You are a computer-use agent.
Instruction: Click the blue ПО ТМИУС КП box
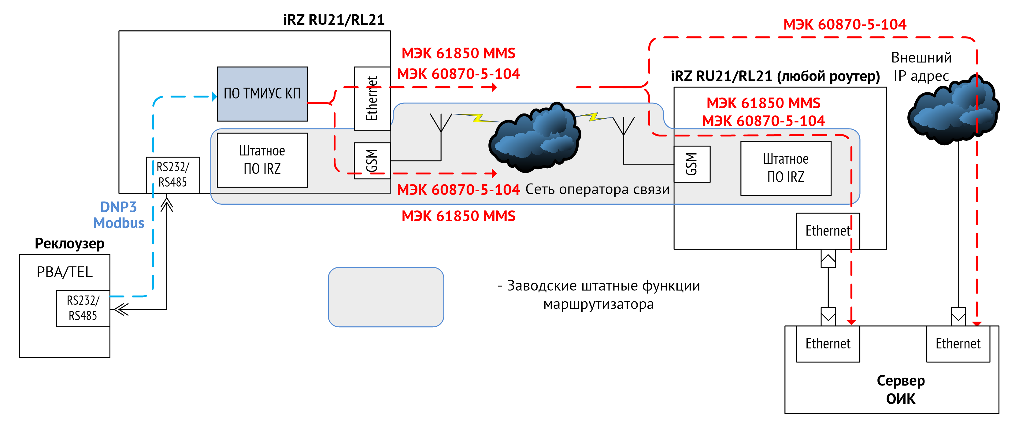262,94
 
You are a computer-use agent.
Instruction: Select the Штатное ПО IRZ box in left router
262,160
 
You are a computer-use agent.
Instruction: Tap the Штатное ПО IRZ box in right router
785,168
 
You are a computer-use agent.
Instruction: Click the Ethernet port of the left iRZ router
372,99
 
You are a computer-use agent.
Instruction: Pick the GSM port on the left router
372,161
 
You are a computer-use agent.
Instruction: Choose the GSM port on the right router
691,164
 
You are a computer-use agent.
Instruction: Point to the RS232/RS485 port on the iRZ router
172,175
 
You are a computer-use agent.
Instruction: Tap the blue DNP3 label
118,207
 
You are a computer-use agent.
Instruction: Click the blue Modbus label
119,223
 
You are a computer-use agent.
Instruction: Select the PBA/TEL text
65,272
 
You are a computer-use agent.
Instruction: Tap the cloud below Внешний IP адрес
954,110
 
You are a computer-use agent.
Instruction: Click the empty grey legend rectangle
386,297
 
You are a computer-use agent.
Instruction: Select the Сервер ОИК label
900,390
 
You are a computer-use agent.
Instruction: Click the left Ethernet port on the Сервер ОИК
828,344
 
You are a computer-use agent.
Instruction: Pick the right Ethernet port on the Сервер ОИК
958,344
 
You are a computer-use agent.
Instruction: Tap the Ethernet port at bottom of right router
828,231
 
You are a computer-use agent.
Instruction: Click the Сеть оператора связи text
597,190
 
